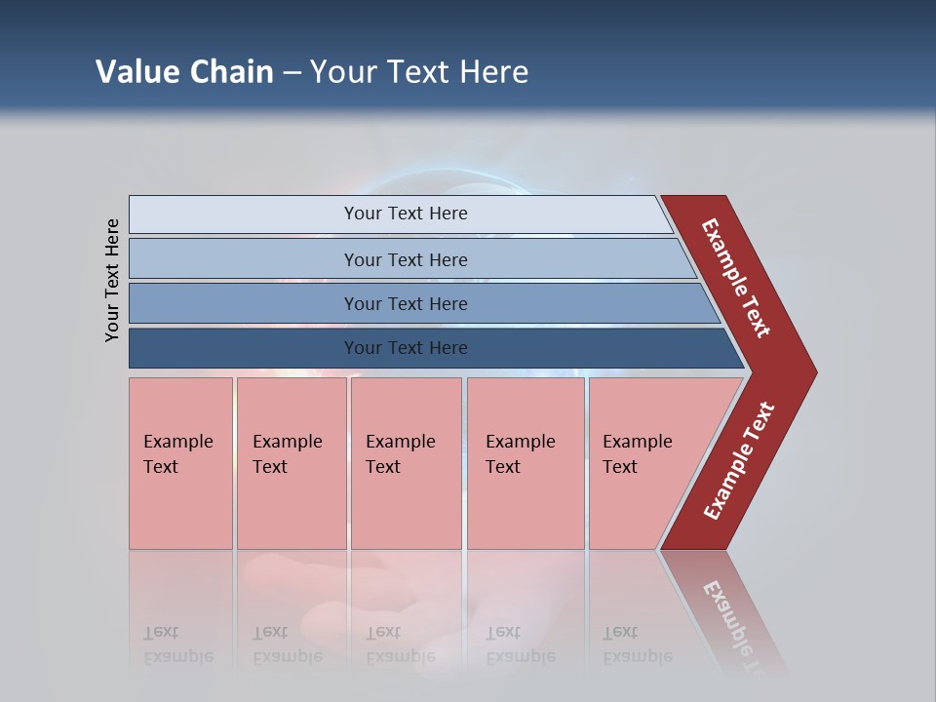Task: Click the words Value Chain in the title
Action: tap(184, 72)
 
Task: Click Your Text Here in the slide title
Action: tap(419, 72)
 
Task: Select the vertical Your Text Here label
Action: tap(112, 280)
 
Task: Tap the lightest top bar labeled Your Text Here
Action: tap(405, 214)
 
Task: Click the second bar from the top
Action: tap(405, 259)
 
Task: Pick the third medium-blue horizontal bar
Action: tap(405, 303)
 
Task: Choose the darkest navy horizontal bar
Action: tap(405, 348)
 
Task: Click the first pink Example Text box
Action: tap(180, 463)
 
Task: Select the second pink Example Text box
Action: tap(291, 463)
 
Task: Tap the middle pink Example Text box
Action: tap(406, 463)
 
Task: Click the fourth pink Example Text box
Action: tap(525, 463)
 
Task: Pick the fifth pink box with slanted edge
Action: tap(643, 463)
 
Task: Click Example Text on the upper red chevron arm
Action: tap(736, 278)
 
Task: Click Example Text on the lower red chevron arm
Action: tap(739, 461)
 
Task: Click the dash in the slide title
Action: tap(292, 73)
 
